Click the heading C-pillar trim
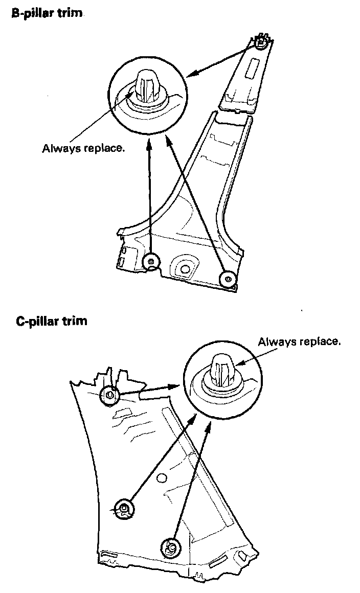[x=52, y=322]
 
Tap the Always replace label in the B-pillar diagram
[x=83, y=149]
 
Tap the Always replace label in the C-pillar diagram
[x=299, y=341]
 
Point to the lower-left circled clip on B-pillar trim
[x=150, y=261]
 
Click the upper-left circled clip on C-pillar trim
[x=110, y=395]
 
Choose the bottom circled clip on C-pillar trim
[x=171, y=548]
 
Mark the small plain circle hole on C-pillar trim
[x=162, y=478]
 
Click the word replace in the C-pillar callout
[x=318, y=341]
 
